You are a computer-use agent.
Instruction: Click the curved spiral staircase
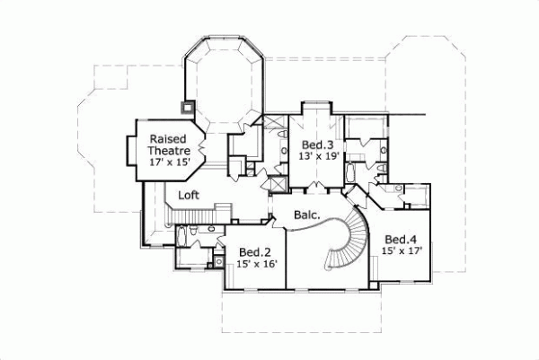345,241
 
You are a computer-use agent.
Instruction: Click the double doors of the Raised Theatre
203,143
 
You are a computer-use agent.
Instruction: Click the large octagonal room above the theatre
225,85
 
